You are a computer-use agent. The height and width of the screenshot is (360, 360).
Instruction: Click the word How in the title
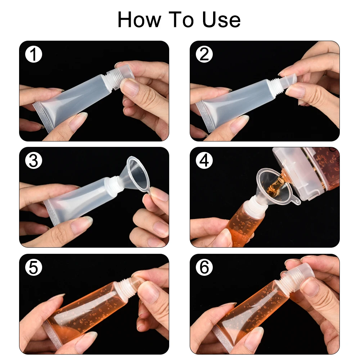[x=139, y=19]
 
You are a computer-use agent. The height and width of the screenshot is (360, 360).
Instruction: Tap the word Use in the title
[x=221, y=20]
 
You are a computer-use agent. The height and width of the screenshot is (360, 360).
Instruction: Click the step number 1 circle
[x=33, y=55]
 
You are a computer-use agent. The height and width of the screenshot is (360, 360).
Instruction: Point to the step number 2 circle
[x=204, y=54]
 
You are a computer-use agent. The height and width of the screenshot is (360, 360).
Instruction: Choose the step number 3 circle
[x=33, y=161]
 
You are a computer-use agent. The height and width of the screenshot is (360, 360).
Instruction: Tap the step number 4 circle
[x=204, y=161]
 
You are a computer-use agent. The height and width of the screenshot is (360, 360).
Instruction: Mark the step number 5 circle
[x=33, y=267]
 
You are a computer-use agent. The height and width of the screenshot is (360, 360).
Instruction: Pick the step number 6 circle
[x=204, y=267]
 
